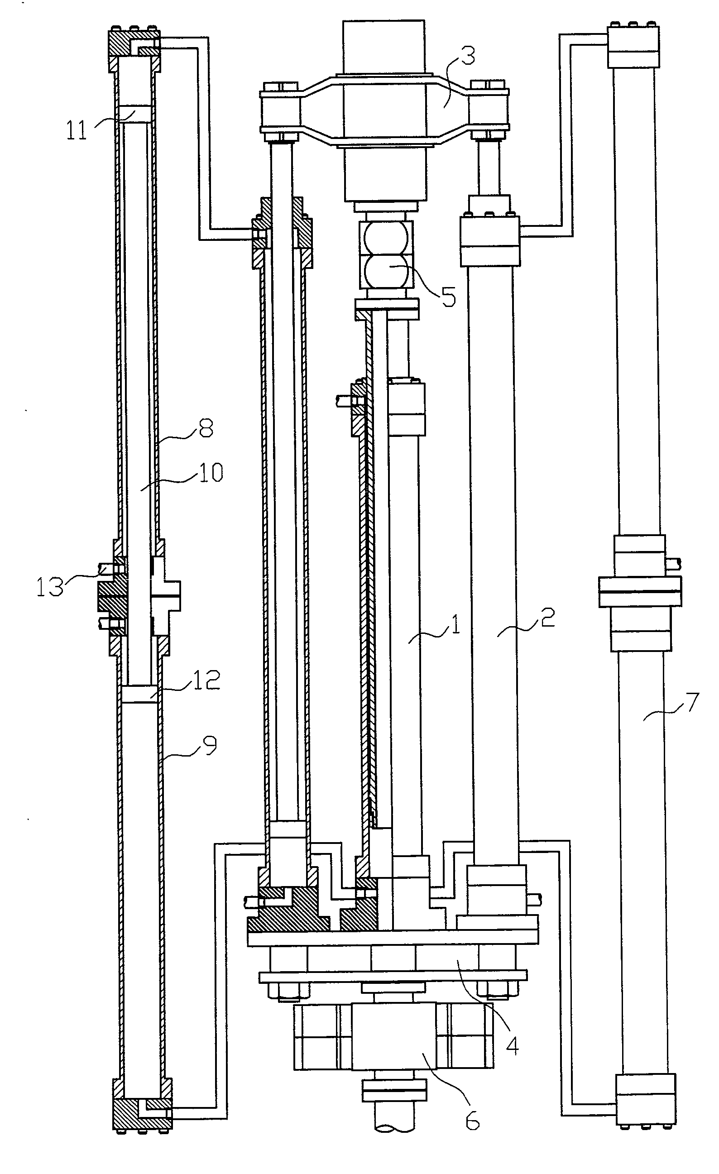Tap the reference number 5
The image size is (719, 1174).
[448, 297]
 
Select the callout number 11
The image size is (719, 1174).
[77, 130]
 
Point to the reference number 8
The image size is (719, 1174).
[206, 428]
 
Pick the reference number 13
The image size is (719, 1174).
[50, 587]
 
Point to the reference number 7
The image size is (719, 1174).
[691, 702]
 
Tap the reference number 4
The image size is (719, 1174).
[512, 1046]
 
